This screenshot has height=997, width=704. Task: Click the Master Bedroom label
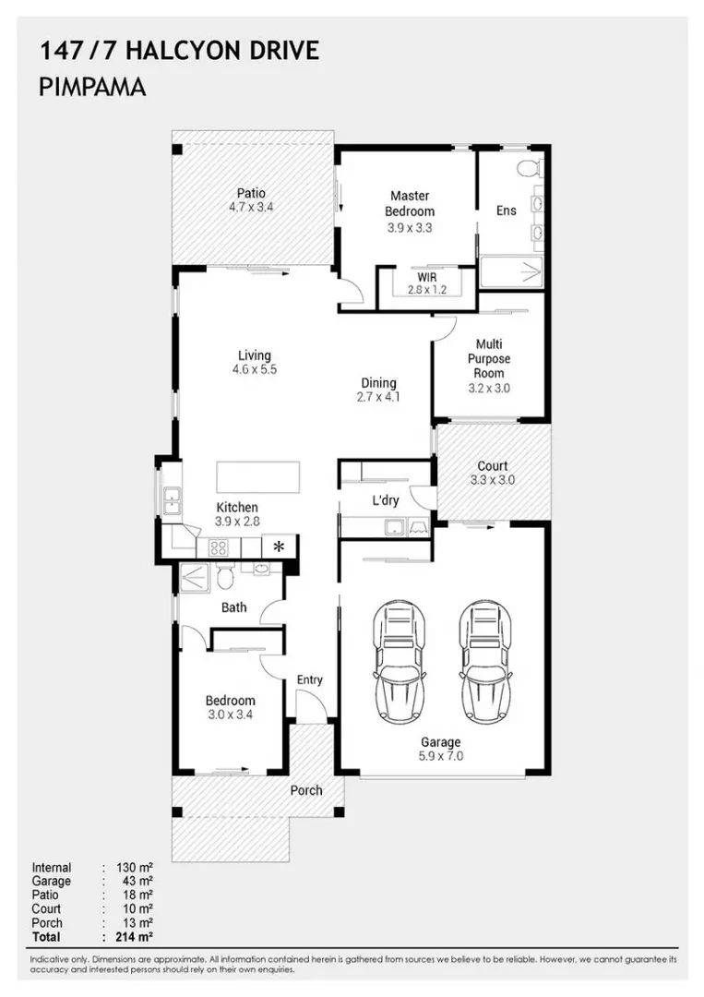[410, 203]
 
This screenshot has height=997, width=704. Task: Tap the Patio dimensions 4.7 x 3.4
[251, 207]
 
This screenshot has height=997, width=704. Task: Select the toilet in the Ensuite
[529, 168]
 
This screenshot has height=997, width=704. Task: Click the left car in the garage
[399, 661]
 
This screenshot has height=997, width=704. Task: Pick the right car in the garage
[486, 661]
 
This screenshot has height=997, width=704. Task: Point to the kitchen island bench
[258, 477]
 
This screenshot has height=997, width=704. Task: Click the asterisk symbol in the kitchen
[279, 547]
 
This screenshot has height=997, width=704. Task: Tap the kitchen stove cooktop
[219, 547]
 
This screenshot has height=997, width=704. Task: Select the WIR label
[427, 278]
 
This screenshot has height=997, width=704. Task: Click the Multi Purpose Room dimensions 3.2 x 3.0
[489, 389]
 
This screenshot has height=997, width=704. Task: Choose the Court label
[493, 466]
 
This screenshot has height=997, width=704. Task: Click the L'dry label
[386, 500]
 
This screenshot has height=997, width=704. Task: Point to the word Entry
[309, 680]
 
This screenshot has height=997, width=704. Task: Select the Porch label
[306, 790]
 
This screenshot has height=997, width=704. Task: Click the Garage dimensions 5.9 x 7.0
[440, 756]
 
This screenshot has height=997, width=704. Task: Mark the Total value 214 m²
[134, 937]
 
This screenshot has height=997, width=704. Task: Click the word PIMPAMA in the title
[93, 87]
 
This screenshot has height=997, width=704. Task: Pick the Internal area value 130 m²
[134, 867]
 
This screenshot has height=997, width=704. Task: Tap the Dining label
[378, 383]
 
